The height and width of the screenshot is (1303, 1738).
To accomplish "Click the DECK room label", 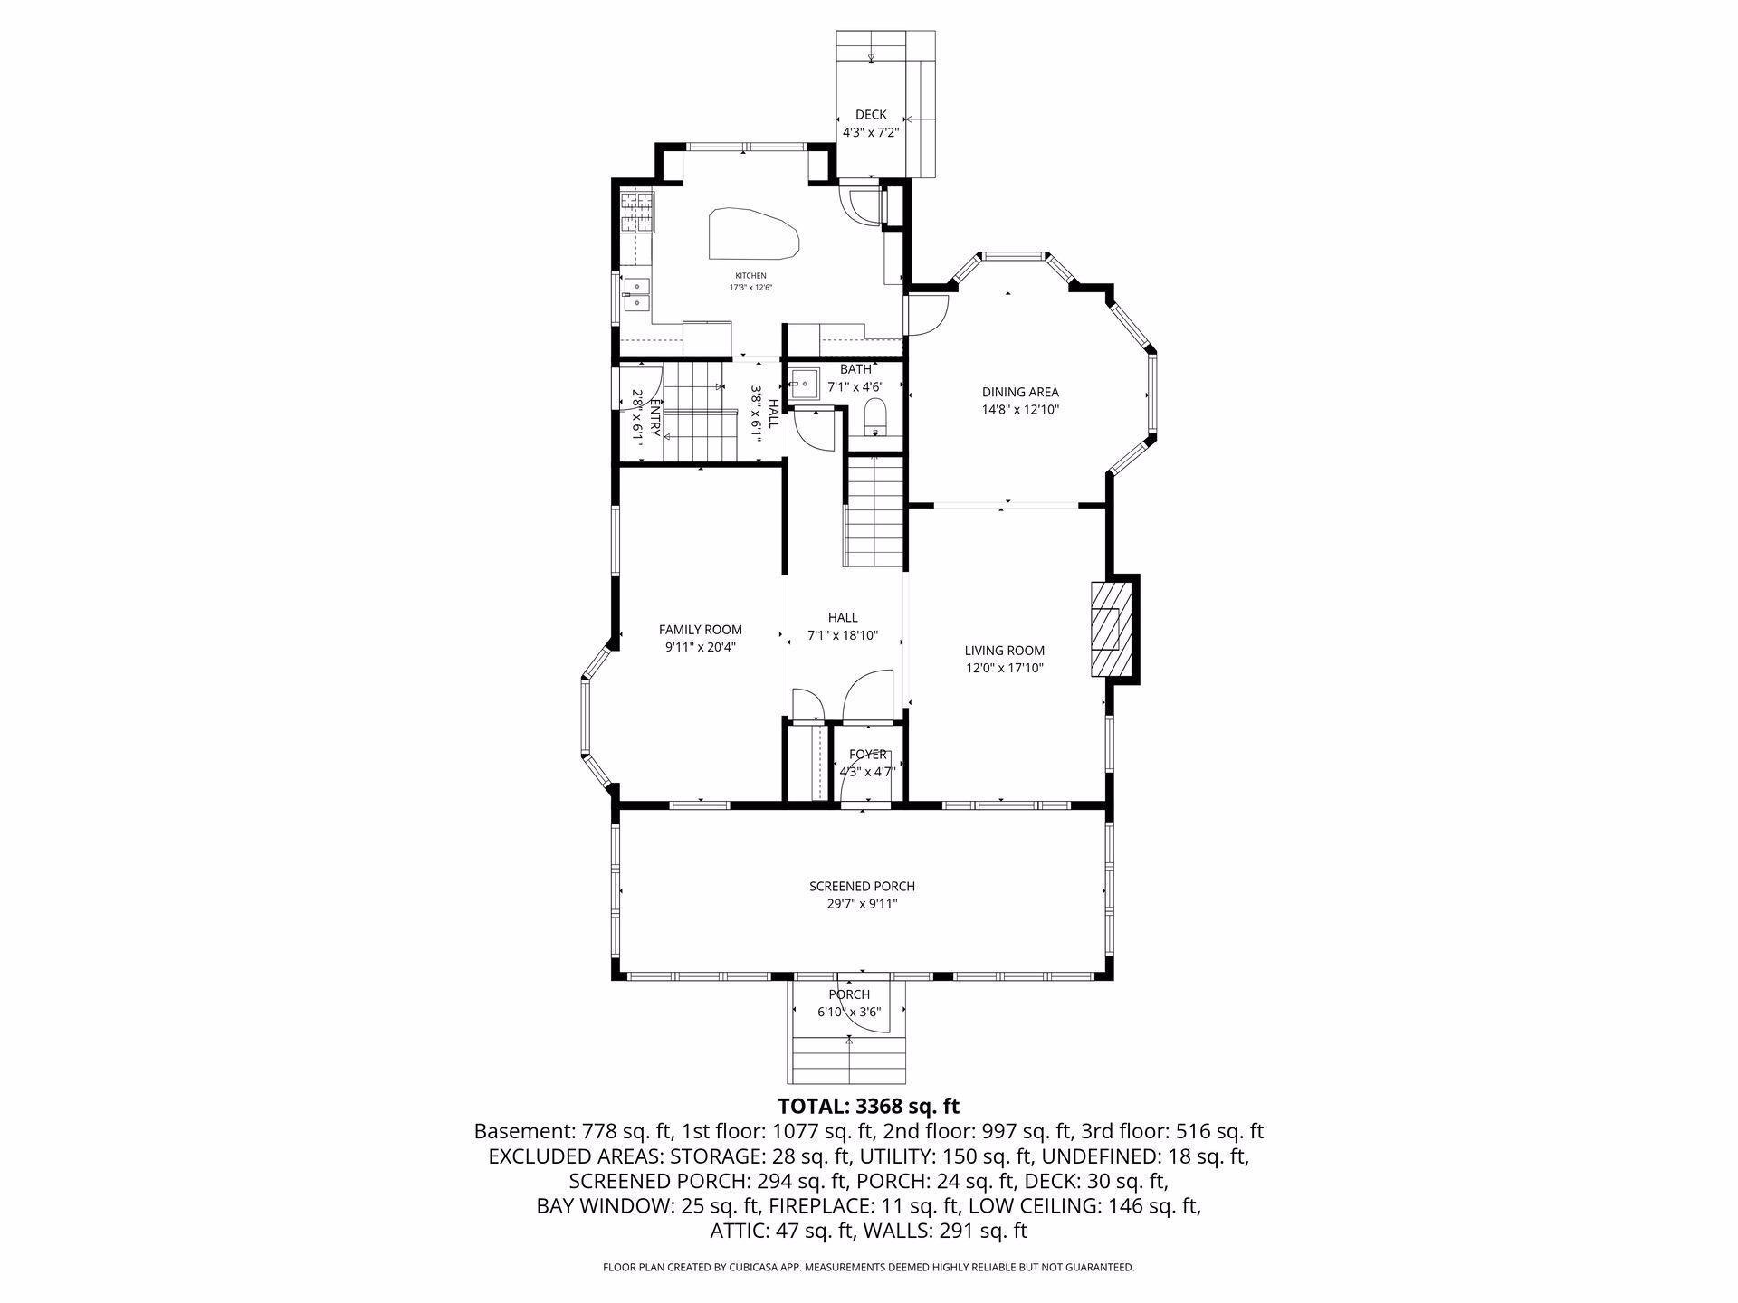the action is tap(871, 115).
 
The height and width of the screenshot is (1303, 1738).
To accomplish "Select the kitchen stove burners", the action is tap(636, 212).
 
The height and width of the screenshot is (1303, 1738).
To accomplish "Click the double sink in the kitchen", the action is tap(635, 294).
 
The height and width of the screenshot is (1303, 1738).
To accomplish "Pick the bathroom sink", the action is tap(804, 385).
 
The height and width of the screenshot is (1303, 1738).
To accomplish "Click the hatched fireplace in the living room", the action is tap(1112, 628).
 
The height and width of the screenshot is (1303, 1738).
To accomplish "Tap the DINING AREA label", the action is tap(1020, 393).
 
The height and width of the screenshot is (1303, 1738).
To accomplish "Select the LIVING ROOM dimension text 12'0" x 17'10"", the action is tap(1005, 669).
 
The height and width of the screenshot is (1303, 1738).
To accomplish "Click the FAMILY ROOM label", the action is tap(701, 630).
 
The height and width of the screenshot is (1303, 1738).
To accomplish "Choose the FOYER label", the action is tap(868, 755).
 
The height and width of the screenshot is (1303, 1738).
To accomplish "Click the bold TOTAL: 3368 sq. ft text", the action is tap(869, 1106).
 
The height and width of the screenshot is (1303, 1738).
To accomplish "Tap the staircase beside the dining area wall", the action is tap(875, 513).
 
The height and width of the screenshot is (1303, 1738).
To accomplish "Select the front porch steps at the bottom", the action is tap(849, 1060).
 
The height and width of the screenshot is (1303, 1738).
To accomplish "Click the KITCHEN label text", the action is tap(750, 276).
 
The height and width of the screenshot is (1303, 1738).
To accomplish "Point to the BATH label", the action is tap(855, 369).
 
